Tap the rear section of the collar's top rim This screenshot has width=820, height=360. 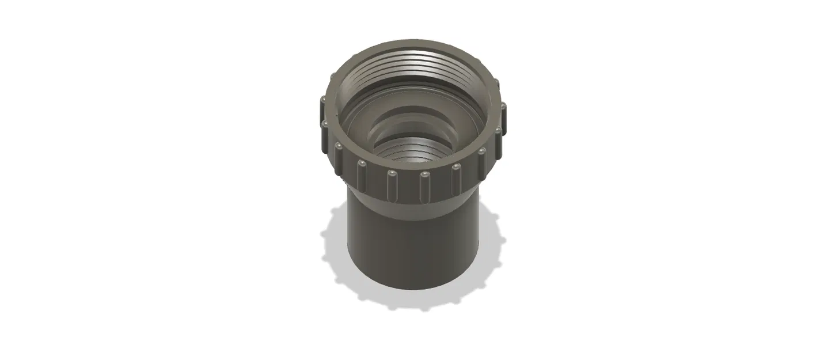click(412, 44)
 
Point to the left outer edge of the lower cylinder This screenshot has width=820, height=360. click(350, 242)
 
